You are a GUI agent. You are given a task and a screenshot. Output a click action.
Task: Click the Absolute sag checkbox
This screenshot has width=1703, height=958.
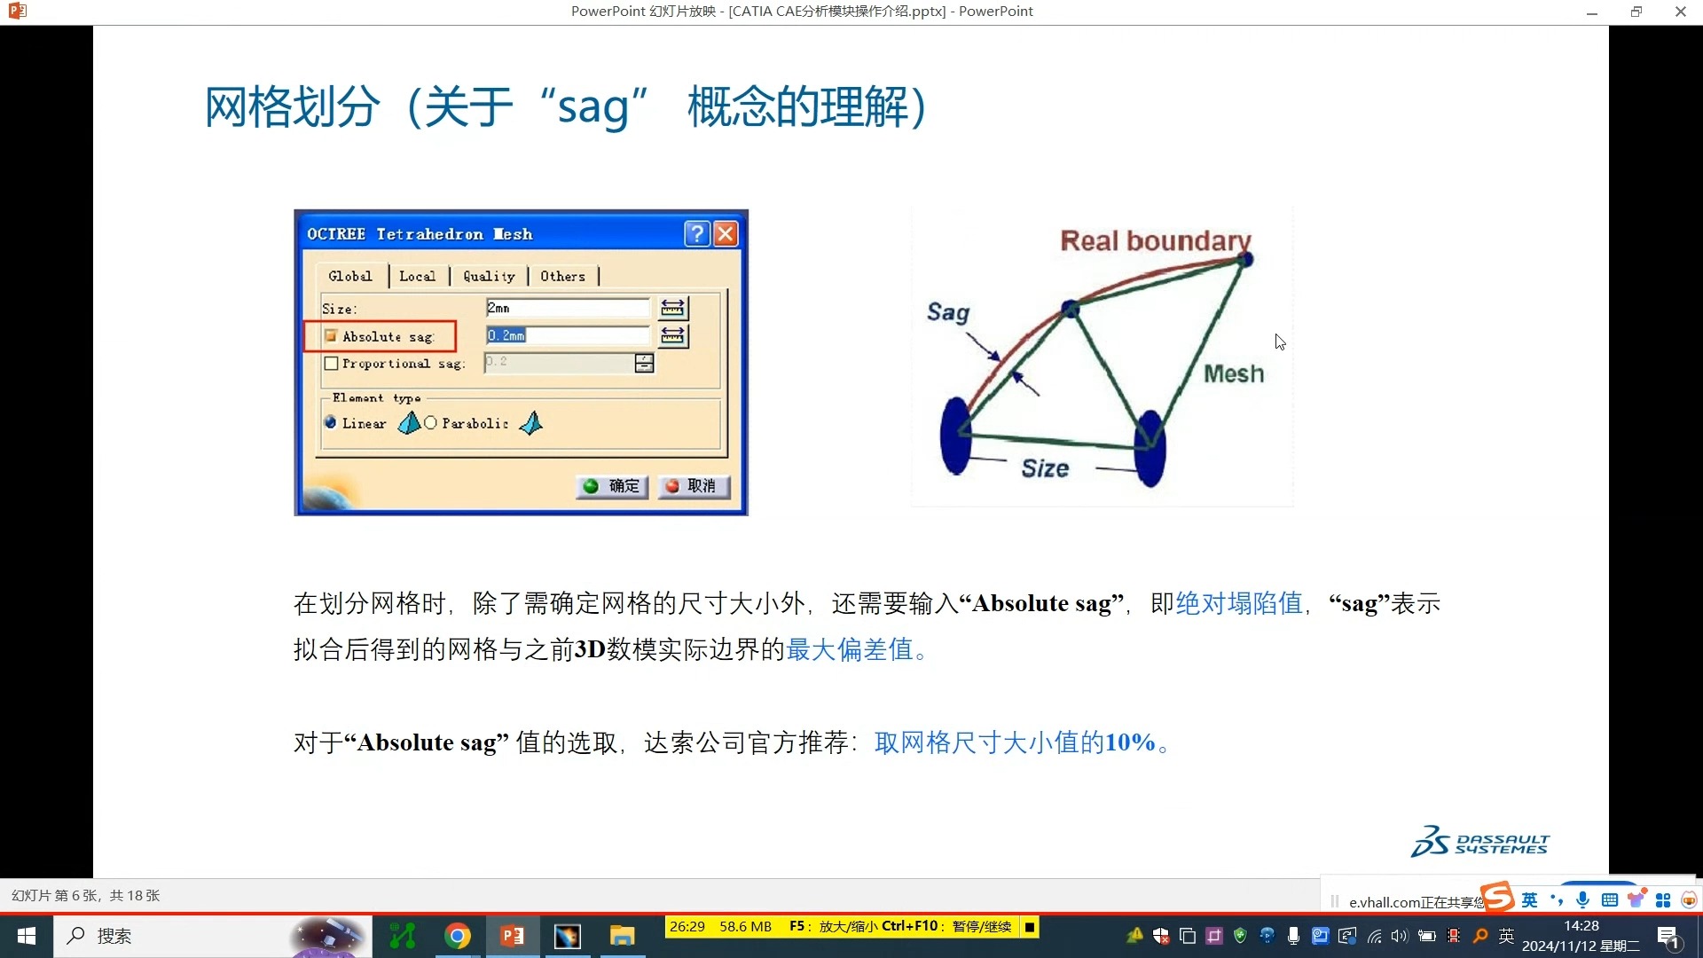[331, 336]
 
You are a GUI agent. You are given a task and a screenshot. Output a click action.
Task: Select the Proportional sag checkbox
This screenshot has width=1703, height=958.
[331, 364]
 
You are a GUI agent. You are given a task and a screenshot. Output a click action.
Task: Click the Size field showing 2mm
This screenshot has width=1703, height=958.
[568, 308]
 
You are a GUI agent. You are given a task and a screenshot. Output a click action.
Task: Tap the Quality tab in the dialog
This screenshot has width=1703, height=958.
[489, 277]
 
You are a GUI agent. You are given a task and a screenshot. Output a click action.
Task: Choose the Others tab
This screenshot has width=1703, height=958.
[563, 277]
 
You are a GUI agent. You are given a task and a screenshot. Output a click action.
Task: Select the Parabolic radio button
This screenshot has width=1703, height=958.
[430, 423]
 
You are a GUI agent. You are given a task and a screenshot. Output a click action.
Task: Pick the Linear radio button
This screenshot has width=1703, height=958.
[331, 423]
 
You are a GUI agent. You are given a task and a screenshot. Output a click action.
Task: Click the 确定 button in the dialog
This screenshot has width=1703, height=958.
[612, 486]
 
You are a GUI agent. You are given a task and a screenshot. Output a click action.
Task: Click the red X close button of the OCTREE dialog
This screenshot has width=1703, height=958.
[726, 233]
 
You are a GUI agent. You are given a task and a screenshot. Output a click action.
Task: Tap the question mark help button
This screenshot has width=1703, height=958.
[697, 233]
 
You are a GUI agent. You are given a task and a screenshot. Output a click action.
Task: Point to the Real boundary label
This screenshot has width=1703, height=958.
[1156, 240]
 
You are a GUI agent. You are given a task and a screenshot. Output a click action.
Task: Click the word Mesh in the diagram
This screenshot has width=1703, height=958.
[1234, 373]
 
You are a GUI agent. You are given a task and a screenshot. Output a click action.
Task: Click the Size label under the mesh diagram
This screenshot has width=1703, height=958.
[1045, 468]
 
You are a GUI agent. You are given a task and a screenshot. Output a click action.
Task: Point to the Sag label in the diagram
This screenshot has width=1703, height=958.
[948, 313]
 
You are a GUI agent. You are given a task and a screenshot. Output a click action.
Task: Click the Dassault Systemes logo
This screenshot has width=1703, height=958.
[1479, 842]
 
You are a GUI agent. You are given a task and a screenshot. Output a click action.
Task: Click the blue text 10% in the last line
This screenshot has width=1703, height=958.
[1129, 742]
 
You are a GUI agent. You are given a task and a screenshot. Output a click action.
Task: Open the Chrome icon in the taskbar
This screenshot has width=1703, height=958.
[458, 936]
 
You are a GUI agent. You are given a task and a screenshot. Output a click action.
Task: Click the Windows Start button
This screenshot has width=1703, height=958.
[27, 936]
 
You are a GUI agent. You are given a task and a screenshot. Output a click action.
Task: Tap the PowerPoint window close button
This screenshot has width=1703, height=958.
[1680, 12]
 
